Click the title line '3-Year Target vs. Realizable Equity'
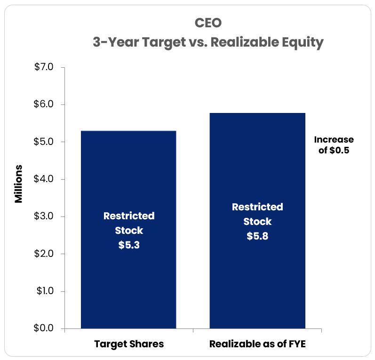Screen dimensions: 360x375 coord(207,42)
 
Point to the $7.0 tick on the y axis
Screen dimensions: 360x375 coord(44,67)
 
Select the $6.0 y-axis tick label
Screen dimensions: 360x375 coord(44,104)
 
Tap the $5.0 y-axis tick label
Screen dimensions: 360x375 coord(44,142)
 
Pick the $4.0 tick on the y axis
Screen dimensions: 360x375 coord(44,179)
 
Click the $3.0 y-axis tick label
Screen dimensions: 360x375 coord(44,216)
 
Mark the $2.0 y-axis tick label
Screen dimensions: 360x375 coord(44,254)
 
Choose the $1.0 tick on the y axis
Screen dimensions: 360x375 coord(44,291)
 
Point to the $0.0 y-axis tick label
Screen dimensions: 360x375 coord(44,328)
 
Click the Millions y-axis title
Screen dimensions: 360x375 coord(18,184)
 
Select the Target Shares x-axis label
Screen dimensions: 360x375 coord(129,344)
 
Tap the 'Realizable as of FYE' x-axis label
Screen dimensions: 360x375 coord(257,344)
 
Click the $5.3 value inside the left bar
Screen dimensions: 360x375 coord(129,245)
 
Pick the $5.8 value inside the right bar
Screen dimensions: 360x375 coord(257,236)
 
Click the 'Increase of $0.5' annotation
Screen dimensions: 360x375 coord(334,145)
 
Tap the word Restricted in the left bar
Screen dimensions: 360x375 coord(129,216)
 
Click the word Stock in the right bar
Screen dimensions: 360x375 coord(257,222)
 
